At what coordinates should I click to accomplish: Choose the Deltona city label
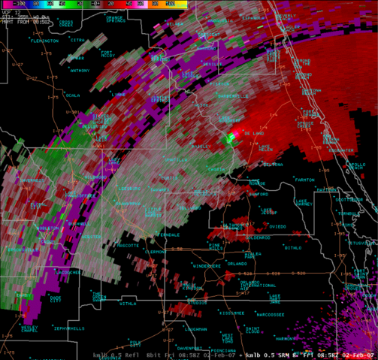coord(273,164)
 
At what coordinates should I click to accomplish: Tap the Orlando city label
coord(237,264)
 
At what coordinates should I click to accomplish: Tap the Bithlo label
coord(293,247)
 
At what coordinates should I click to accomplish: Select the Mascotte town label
coord(128,245)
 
